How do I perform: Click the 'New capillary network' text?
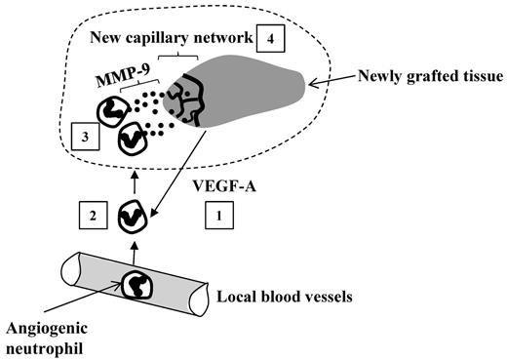coord(169,40)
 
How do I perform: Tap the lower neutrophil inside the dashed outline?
coord(134,142)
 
